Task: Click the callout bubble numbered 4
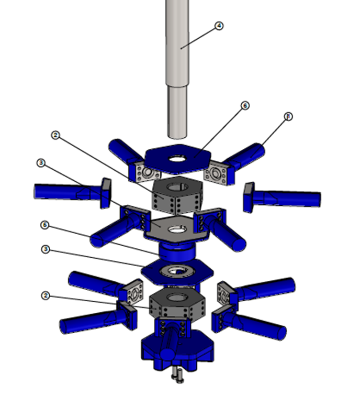[219, 26]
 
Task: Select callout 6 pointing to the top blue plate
[244, 105]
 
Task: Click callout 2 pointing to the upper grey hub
[56, 135]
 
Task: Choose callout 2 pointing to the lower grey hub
[46, 295]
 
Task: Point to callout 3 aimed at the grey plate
[42, 163]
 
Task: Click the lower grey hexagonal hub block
[175, 306]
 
